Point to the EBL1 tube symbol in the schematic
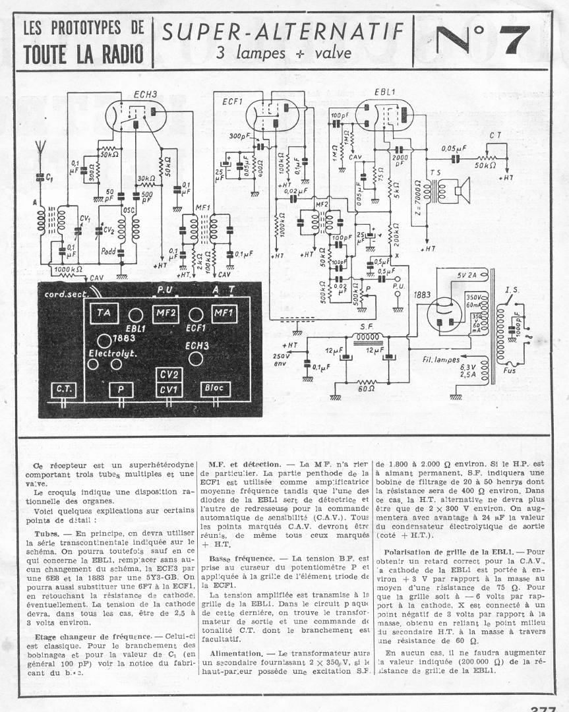pyautogui.click(x=382, y=116)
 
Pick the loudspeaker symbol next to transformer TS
pyautogui.click(x=458, y=191)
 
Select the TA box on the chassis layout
pyautogui.click(x=101, y=312)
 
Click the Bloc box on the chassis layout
pyautogui.click(x=217, y=390)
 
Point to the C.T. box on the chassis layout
pyautogui.click(x=64, y=390)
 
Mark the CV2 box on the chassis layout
pyautogui.click(x=170, y=374)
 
